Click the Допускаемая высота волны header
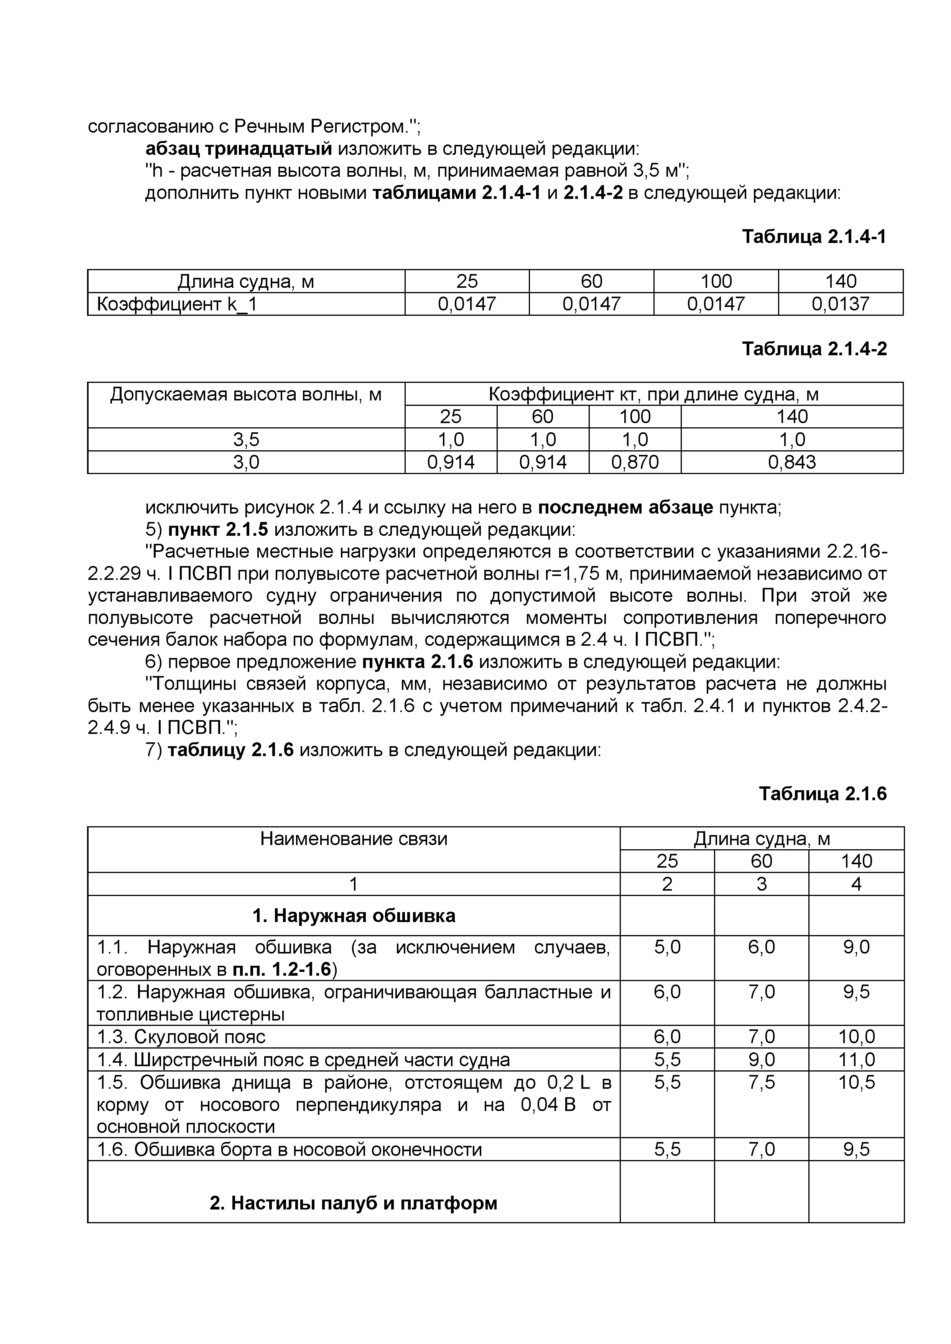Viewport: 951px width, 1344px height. [x=246, y=394]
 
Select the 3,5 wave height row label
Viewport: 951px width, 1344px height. [x=246, y=439]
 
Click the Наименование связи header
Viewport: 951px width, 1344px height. [x=353, y=839]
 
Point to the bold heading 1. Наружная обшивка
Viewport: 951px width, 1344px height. [x=353, y=916]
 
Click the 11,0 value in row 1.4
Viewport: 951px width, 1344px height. [x=856, y=1060]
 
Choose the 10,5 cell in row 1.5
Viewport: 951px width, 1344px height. [x=856, y=1082]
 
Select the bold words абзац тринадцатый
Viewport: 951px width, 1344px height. [x=239, y=149]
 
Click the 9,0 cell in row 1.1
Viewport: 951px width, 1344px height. [x=856, y=947]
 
